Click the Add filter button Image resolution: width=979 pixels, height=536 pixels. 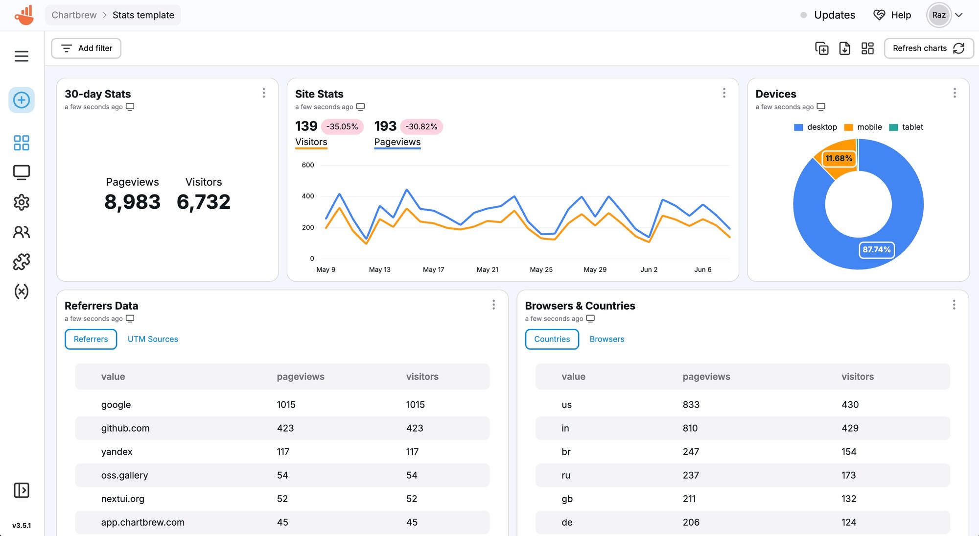(86, 48)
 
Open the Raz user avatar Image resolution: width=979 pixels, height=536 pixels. (938, 15)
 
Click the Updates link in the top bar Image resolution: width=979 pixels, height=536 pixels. (834, 15)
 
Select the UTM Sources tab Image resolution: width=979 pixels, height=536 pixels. (153, 339)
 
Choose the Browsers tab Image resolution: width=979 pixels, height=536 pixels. (606, 339)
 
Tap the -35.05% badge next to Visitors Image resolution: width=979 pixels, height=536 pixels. (342, 126)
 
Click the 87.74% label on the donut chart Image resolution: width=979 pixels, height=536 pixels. (876, 249)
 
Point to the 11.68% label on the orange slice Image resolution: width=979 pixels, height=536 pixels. (839, 158)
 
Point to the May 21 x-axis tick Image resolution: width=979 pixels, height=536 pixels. (488, 269)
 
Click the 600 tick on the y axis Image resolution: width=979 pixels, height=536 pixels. (308, 165)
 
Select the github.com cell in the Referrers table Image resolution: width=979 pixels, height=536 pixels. (125, 428)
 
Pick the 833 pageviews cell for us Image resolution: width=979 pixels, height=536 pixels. (691, 405)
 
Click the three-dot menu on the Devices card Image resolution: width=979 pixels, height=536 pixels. (954, 93)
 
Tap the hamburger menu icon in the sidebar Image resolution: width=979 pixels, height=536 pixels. (22, 56)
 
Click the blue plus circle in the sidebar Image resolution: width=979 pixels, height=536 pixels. (22, 100)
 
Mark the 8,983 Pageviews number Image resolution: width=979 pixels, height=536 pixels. (132, 202)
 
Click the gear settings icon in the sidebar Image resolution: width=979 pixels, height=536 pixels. (22, 202)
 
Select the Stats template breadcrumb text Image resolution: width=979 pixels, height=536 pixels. (143, 15)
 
